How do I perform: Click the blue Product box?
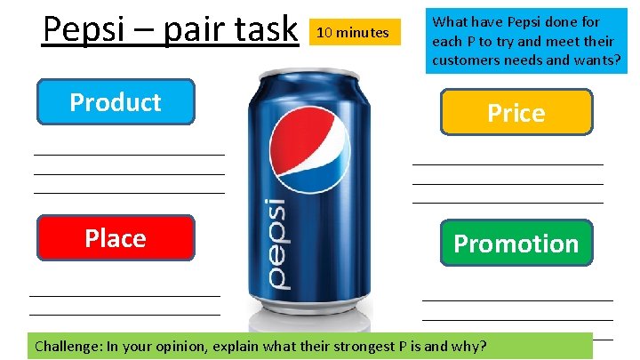pos(116,102)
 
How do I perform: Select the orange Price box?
pos(516,113)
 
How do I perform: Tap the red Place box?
pos(116,238)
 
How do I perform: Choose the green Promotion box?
pos(516,244)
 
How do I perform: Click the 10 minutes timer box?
pos(353,33)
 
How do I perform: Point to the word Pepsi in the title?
pos(84,29)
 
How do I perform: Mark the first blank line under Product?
pos(129,155)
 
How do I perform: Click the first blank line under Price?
pos(508,164)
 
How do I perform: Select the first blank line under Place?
pos(124,295)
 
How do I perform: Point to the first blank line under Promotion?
pos(517,300)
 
